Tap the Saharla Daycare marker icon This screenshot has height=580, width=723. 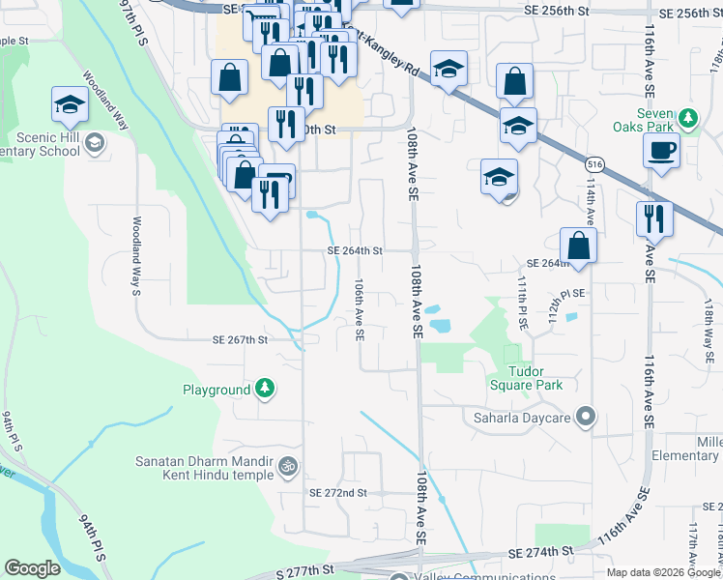[585, 419]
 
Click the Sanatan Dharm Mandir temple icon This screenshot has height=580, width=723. [287, 467]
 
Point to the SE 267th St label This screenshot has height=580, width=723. [240, 340]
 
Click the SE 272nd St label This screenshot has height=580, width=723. [338, 493]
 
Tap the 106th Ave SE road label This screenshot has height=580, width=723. [359, 310]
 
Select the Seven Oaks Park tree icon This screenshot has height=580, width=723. [687, 120]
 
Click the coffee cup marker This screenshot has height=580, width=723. [661, 151]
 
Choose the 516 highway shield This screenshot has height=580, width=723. [595, 165]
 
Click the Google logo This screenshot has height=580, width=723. [32, 568]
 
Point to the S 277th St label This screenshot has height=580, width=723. [304, 573]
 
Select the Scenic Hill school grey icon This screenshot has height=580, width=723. [95, 144]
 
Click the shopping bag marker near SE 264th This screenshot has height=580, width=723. [578, 246]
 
